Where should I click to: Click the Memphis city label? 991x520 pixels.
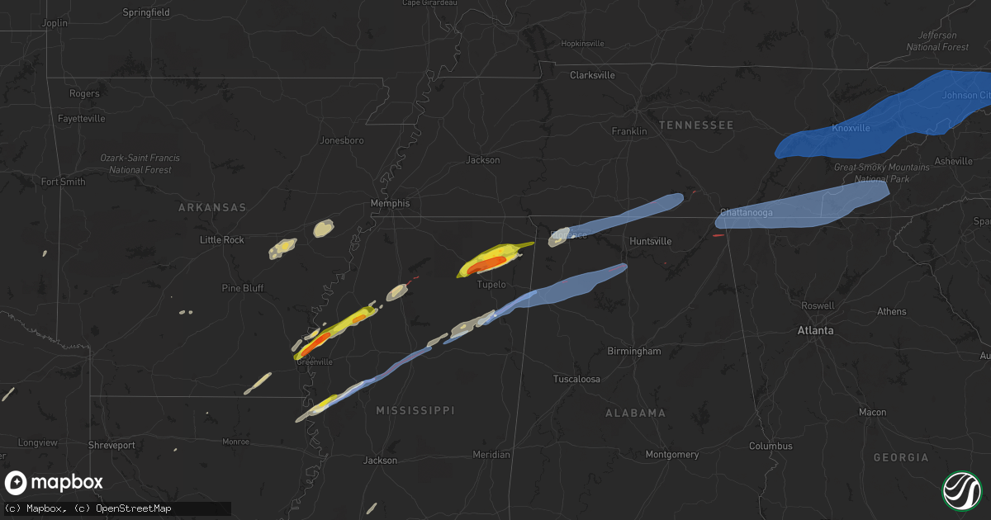point(390,203)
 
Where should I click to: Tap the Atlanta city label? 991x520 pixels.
point(815,330)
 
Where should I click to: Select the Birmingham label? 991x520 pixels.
point(633,351)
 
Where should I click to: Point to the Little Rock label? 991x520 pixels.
point(222,239)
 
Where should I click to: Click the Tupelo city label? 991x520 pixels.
point(491,285)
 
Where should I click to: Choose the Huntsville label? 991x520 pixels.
point(650,241)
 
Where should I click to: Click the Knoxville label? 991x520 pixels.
point(851,128)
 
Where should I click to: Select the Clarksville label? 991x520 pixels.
point(592,75)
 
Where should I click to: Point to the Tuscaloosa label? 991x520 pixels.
point(576,379)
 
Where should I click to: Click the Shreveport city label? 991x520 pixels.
point(111,445)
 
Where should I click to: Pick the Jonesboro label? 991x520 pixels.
point(342,140)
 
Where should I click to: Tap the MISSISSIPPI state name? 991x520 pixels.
point(415,410)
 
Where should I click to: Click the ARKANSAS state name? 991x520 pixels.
point(212,207)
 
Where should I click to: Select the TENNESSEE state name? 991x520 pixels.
point(695,125)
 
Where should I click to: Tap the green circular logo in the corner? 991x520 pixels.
point(961,490)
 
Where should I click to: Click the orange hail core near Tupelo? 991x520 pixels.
point(487,264)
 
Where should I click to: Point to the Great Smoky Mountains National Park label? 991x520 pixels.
point(882,173)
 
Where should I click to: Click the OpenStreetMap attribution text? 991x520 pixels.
point(133,508)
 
